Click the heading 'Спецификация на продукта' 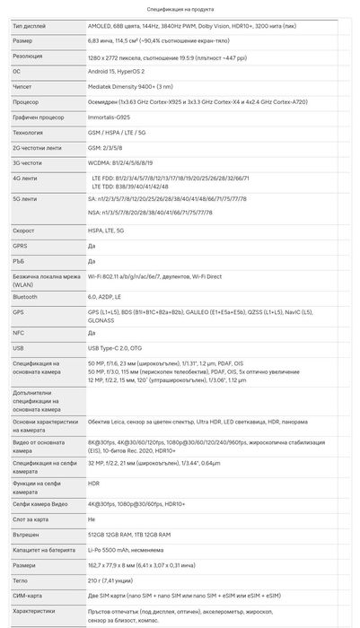[180, 7]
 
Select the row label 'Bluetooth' [25, 295]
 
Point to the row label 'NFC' [19, 332]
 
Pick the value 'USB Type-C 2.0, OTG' [116, 347]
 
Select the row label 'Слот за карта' [31, 519]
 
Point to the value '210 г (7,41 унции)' [114, 581]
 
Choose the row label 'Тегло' [21, 581]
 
